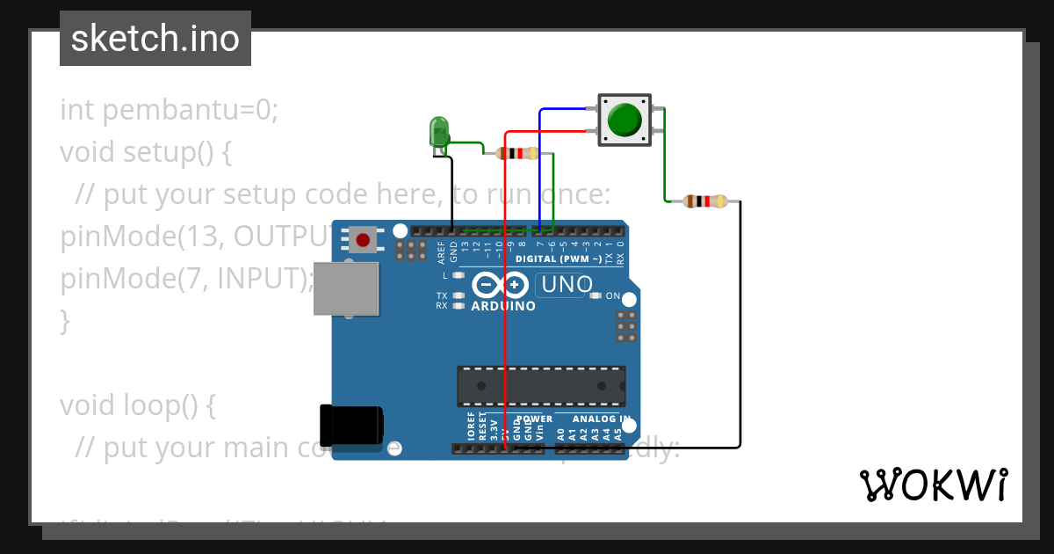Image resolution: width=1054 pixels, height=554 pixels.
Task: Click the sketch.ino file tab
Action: pyautogui.click(x=155, y=39)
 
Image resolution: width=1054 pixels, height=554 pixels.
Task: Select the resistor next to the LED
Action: pyautogui.click(x=517, y=154)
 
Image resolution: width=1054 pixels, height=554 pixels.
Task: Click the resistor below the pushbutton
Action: pyautogui.click(x=704, y=201)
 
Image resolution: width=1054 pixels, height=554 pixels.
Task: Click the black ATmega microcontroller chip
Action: pyautogui.click(x=540, y=386)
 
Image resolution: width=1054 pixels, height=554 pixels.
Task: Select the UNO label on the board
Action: pyautogui.click(x=567, y=285)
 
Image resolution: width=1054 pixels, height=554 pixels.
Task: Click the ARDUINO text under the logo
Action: pyautogui.click(x=503, y=307)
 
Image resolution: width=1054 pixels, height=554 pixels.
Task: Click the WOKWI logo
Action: pyautogui.click(x=933, y=485)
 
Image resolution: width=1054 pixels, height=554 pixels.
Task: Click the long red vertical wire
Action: pyautogui.click(x=505, y=334)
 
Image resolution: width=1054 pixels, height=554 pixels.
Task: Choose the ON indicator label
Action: pyautogui.click(x=612, y=296)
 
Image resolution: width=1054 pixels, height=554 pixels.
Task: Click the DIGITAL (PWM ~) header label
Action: pyautogui.click(x=558, y=259)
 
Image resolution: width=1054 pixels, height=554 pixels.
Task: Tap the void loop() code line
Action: pyautogui.click(x=137, y=405)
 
